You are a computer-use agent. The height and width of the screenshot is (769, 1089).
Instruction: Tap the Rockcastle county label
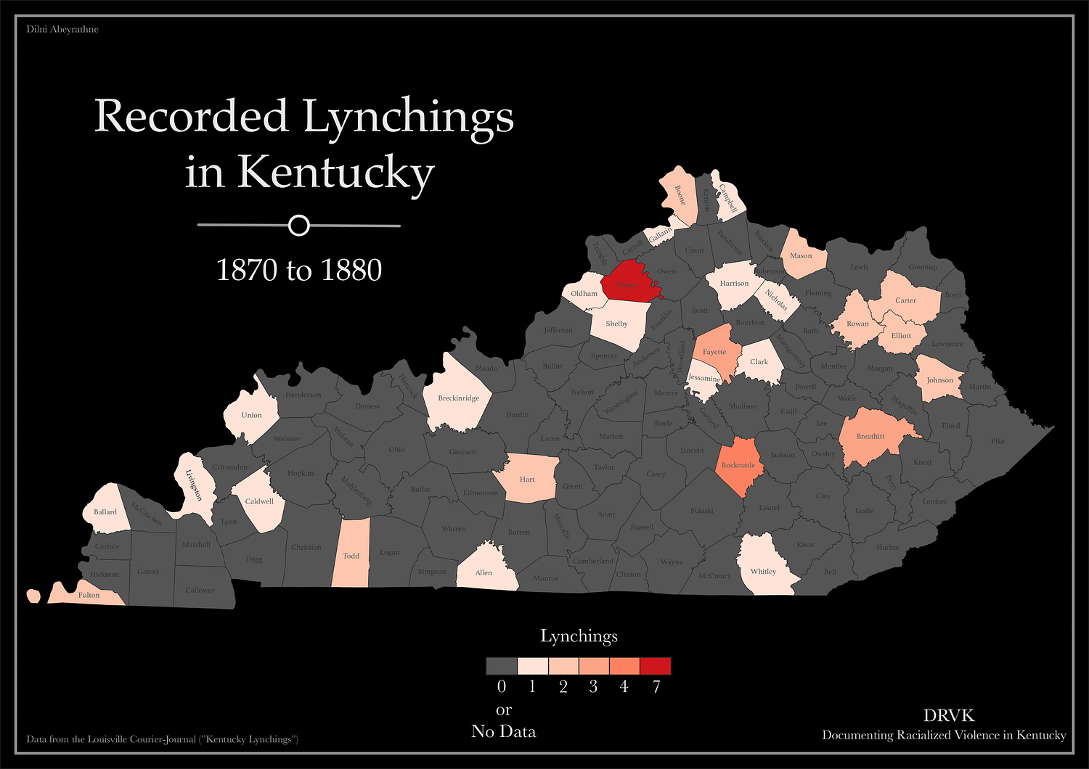738,465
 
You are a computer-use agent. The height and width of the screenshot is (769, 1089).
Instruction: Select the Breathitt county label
870,436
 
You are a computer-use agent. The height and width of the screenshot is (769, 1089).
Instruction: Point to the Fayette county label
714,352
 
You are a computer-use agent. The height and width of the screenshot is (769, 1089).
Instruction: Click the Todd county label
351,556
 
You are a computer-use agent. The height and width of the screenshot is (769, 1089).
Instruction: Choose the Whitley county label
763,571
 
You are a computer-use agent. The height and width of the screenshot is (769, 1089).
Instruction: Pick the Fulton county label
89,595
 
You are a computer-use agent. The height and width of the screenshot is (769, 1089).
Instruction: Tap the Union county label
251,415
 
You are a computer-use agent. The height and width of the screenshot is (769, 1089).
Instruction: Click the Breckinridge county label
459,398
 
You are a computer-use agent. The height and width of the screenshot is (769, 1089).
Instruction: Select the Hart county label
527,479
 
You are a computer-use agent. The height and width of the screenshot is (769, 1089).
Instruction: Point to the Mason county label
801,255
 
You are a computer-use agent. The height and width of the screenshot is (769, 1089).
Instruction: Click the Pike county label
998,440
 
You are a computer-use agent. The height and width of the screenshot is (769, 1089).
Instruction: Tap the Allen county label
484,572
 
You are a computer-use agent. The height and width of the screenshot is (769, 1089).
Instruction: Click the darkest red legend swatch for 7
656,666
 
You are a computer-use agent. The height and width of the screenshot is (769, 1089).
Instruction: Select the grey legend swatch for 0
502,666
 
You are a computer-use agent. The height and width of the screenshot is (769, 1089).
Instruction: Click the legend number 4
624,686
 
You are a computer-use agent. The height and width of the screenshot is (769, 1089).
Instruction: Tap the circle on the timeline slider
298,226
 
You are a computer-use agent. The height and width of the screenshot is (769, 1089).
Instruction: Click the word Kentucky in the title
335,172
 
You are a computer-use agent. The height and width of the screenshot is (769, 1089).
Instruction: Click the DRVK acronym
948,715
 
